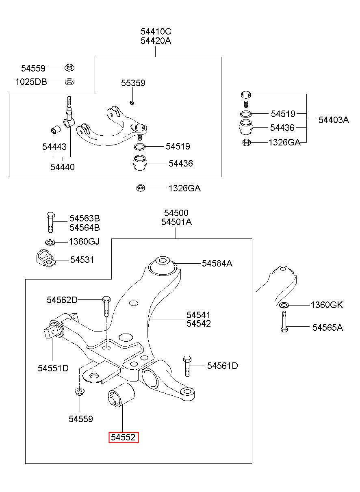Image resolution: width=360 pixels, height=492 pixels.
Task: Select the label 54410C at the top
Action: [x=156, y=32]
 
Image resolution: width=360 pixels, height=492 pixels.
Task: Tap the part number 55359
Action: [x=133, y=83]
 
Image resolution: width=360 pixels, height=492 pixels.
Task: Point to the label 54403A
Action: [x=334, y=120]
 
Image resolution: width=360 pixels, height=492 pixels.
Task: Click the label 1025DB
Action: [x=31, y=82]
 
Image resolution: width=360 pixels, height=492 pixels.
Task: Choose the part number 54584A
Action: [x=217, y=263]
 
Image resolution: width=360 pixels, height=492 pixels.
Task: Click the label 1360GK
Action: [x=327, y=305]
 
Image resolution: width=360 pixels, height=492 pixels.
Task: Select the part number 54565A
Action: [x=327, y=327]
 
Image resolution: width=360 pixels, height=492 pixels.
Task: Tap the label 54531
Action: [x=82, y=260]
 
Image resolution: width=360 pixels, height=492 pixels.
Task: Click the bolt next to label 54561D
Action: [x=187, y=366]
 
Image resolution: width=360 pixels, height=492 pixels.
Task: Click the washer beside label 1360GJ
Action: [x=50, y=242]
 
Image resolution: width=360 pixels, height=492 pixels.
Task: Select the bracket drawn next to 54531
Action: [x=46, y=258]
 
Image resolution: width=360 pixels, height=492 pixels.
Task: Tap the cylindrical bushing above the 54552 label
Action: [x=121, y=395]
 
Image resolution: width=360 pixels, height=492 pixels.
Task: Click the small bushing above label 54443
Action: [x=56, y=130]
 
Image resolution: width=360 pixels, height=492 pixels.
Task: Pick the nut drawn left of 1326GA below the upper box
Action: [x=140, y=188]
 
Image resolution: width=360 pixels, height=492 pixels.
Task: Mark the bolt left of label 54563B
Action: [x=50, y=222]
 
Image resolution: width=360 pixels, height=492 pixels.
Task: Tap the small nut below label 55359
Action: [x=132, y=102]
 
